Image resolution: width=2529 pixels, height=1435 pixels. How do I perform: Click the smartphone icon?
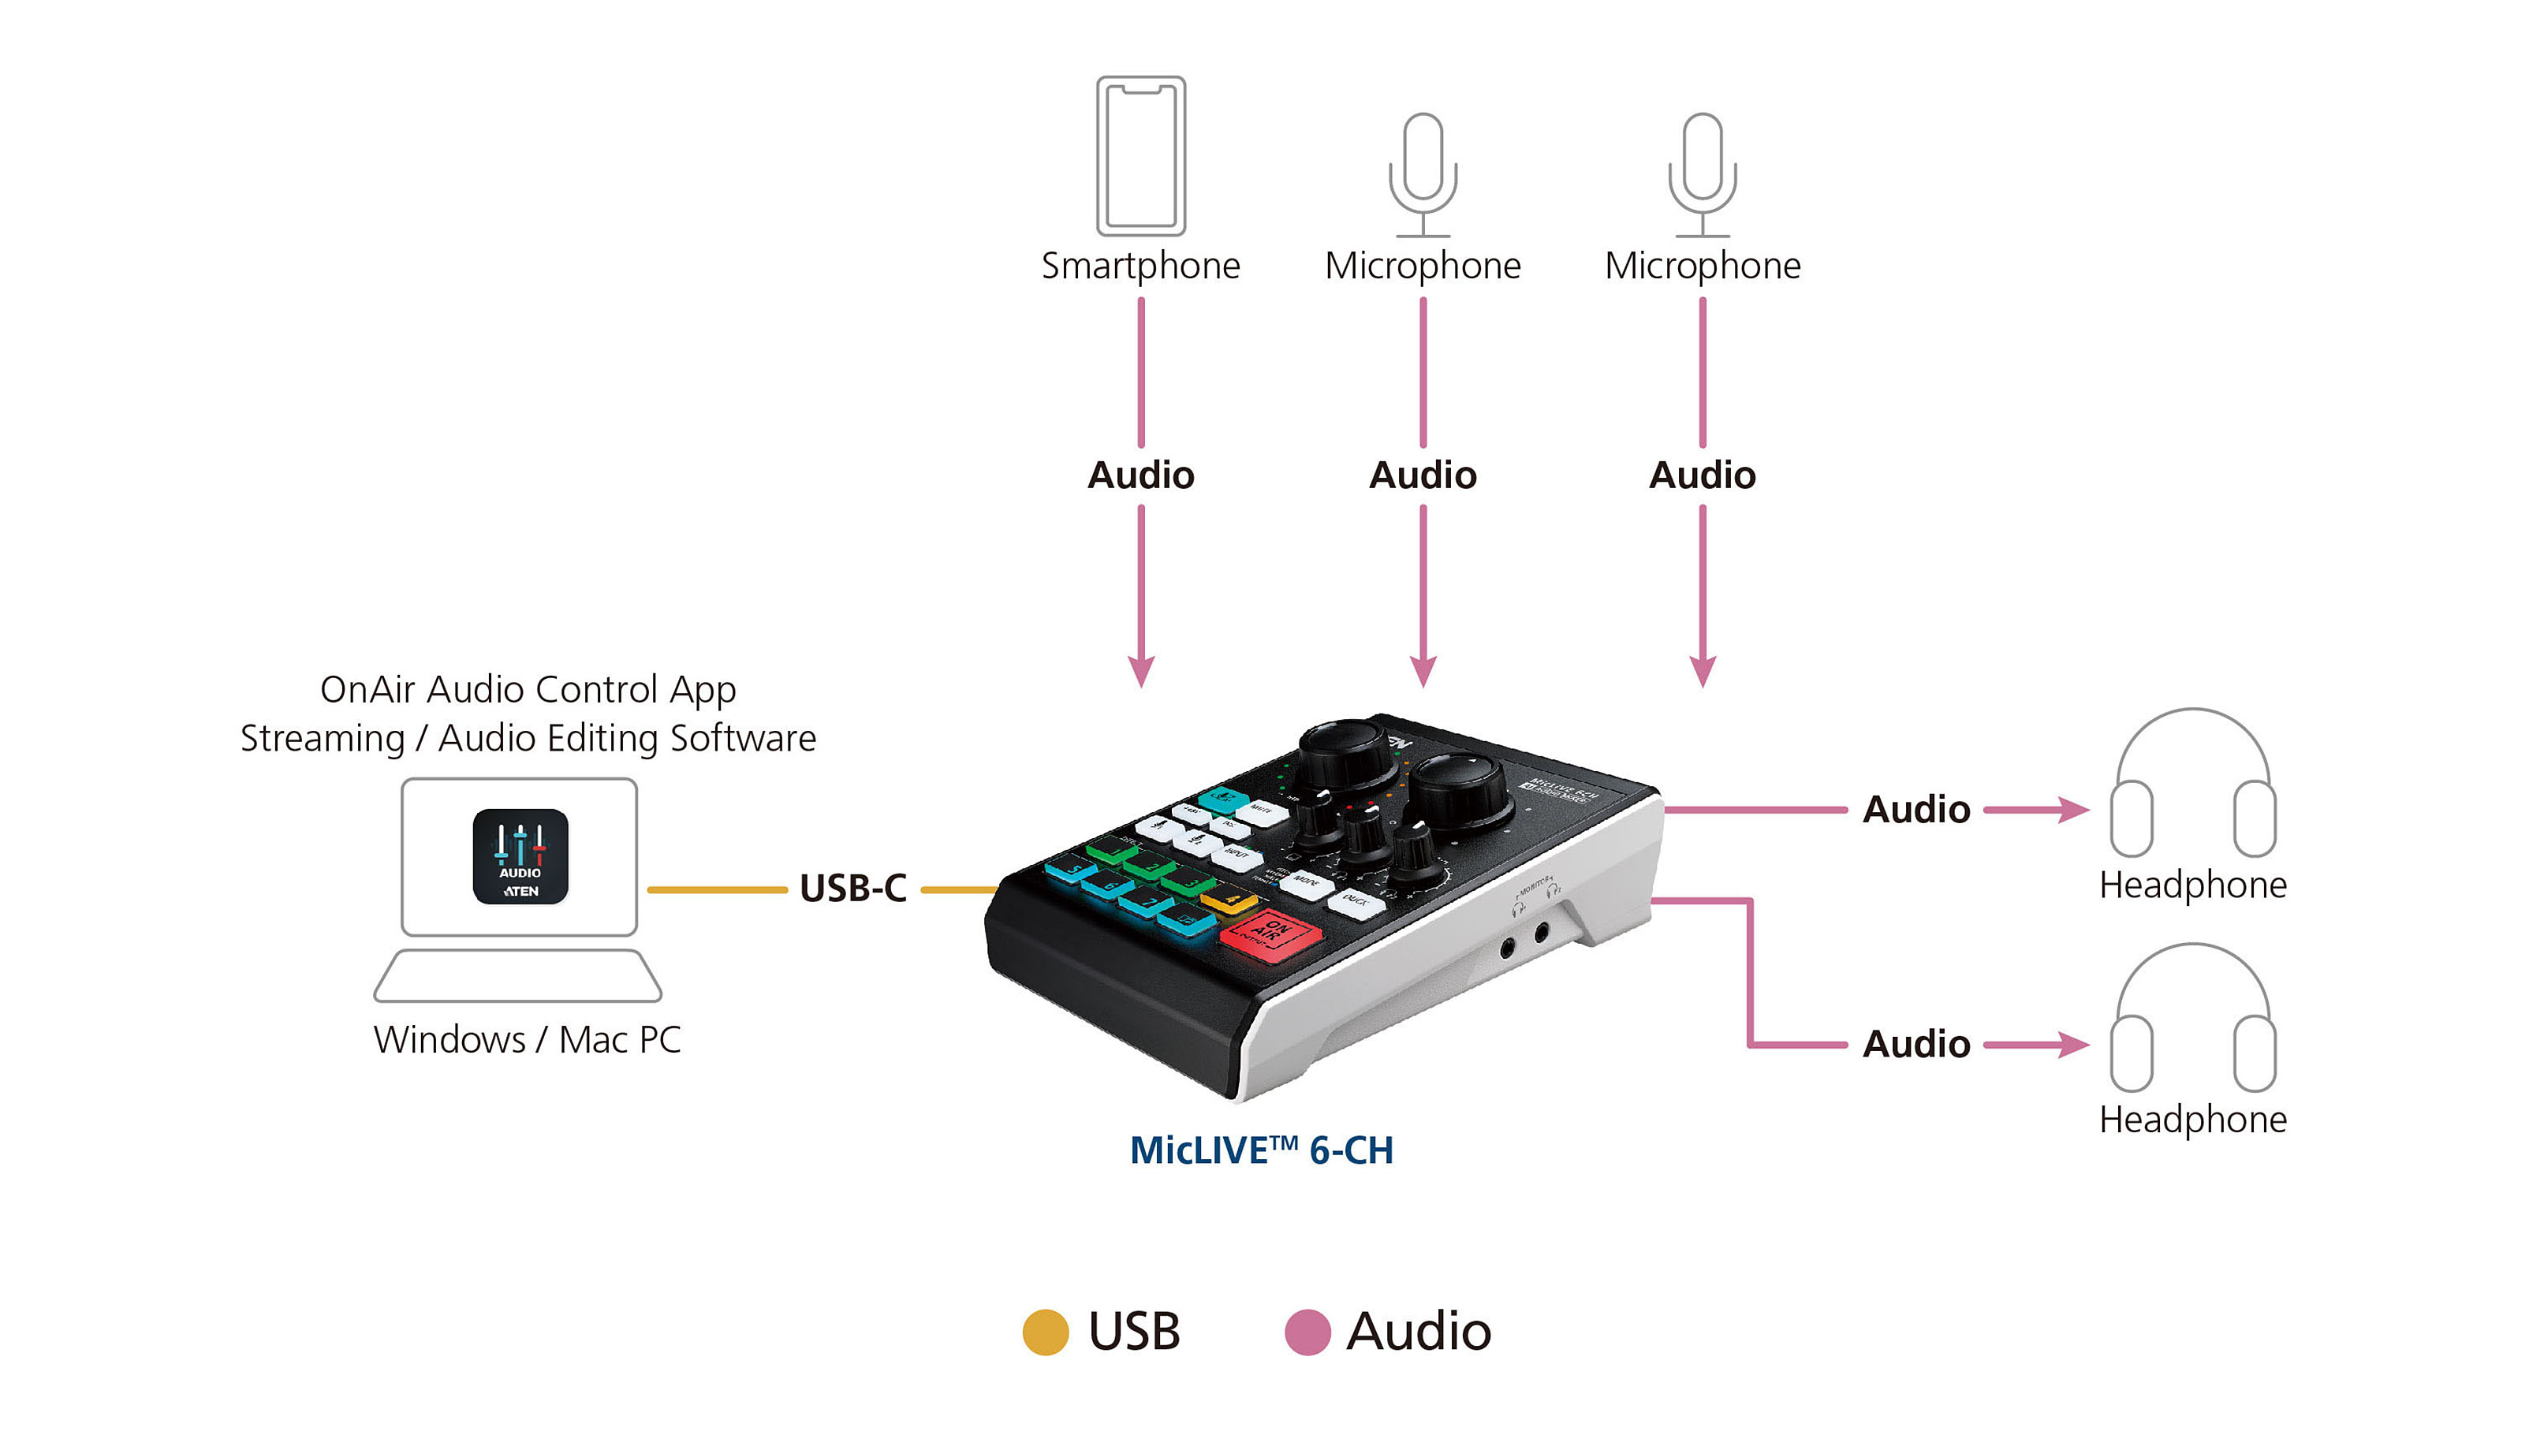pos(1140,156)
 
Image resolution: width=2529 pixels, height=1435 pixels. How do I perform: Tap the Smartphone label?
pos(1140,266)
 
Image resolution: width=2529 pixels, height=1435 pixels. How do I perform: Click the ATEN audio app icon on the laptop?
pos(520,856)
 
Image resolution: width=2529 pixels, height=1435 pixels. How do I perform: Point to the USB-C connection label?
pos(852,888)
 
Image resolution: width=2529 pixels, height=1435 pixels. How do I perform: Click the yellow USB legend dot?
pos(1045,1332)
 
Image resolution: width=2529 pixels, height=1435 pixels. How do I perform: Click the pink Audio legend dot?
pos(1307,1332)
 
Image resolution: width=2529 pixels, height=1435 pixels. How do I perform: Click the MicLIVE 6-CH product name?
pos(1261,1150)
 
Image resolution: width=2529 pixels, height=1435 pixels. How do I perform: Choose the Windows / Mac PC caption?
pos(528,1040)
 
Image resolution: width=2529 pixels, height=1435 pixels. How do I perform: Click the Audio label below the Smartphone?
pos(1140,475)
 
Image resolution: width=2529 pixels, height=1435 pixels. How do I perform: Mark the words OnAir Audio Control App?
pos(528,690)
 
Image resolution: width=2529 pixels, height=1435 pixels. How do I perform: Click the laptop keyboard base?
pos(517,976)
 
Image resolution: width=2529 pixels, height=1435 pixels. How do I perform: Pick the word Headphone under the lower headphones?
pos(2192,1120)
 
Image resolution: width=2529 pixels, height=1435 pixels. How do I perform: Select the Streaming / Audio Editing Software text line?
pos(528,738)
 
